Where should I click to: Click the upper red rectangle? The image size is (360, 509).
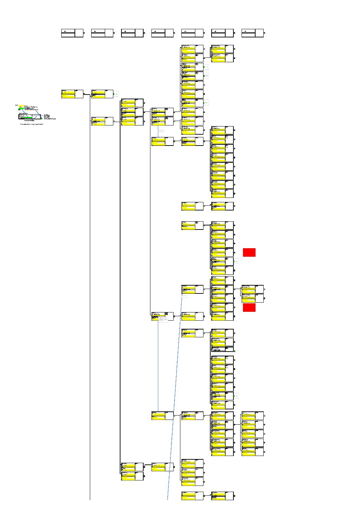click(249, 252)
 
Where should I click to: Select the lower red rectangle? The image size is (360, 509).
click(249, 307)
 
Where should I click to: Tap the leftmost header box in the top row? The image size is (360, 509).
click(72, 33)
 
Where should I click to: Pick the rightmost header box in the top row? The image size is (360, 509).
click(252, 33)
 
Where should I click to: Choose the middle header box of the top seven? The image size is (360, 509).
click(162, 33)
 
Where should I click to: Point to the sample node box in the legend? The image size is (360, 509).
click(30, 117)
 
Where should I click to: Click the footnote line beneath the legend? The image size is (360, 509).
click(31, 124)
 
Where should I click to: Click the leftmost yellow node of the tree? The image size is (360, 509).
click(72, 94)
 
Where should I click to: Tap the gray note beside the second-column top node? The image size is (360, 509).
click(116, 94)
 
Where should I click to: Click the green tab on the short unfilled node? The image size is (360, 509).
click(234, 351)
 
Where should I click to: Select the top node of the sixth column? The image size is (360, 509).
click(222, 49)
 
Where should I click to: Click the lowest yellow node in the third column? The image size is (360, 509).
click(132, 476)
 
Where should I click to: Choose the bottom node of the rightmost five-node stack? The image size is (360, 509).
click(252, 452)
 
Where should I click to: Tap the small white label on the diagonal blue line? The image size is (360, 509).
click(184, 297)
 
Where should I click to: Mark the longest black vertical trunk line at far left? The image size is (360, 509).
click(90, 306)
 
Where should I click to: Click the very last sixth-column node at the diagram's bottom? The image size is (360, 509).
click(222, 496)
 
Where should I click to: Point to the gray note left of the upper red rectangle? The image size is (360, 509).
click(236, 261)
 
